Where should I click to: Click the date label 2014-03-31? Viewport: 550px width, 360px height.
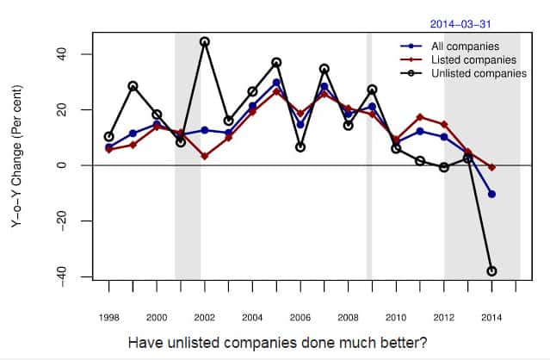[460, 26]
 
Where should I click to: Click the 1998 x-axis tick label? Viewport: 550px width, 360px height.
[108, 317]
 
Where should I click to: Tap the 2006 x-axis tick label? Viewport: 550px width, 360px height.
[300, 317]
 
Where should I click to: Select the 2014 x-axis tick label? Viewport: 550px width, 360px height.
[491, 317]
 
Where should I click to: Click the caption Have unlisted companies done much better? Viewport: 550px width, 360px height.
[277, 343]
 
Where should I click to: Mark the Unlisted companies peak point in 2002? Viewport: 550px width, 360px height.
[204, 41]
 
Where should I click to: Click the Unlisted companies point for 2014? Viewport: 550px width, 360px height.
[491, 270]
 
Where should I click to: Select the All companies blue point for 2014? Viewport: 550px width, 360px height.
[491, 194]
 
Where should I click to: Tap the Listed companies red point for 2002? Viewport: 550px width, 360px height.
[204, 156]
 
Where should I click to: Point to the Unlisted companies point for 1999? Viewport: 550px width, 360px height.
[133, 86]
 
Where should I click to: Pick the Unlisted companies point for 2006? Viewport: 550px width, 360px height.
[300, 147]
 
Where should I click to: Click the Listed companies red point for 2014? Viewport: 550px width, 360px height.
[491, 167]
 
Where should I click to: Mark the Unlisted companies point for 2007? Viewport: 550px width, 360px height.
[324, 69]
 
